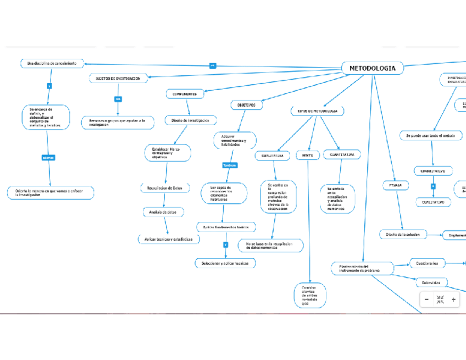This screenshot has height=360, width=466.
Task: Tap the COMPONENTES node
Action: pos(185,94)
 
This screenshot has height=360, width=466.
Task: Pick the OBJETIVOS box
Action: pos(246,104)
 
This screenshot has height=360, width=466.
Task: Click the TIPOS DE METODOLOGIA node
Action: pos(318,111)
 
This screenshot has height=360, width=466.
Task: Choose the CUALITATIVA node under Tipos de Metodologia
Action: pos(272,156)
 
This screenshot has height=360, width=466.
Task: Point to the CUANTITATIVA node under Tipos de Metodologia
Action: pos(342,155)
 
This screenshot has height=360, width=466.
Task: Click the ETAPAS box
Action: pos(395,186)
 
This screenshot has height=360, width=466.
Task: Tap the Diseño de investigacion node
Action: pos(191,120)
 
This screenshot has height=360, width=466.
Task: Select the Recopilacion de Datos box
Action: pos(165,188)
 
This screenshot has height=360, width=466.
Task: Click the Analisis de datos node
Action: pos(163,212)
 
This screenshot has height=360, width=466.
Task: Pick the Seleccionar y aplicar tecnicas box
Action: pos(225,263)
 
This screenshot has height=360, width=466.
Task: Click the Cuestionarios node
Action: pos(427,263)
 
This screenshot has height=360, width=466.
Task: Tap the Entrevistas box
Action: pos(431,283)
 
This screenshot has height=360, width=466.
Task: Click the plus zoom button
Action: pos(453,300)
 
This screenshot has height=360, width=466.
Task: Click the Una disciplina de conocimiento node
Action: pos(52,64)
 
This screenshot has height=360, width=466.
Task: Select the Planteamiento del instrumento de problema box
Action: pos(363,268)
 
